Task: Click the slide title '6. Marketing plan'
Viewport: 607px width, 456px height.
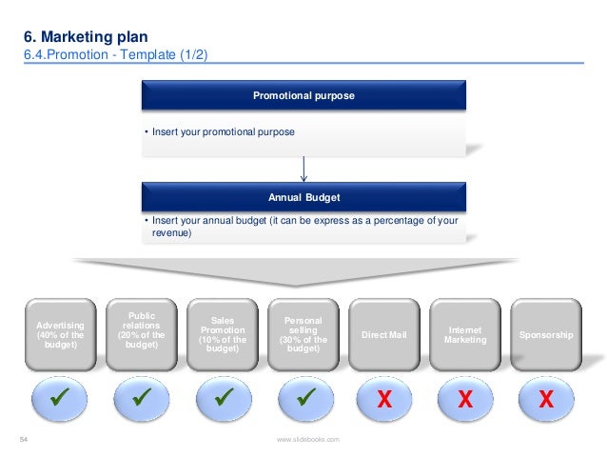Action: click(x=86, y=38)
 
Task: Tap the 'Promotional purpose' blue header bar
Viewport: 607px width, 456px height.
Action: click(x=303, y=96)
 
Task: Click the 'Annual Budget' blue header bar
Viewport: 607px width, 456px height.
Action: click(x=303, y=197)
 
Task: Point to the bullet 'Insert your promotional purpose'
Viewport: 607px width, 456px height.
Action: click(x=221, y=131)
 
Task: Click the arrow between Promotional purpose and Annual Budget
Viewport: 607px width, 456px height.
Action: click(x=303, y=168)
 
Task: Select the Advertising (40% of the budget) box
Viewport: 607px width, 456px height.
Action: click(x=60, y=335)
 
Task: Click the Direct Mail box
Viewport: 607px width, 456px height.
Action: click(x=384, y=335)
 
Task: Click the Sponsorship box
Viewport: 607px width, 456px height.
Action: click(x=546, y=335)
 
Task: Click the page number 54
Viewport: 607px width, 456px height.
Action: click(x=26, y=439)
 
